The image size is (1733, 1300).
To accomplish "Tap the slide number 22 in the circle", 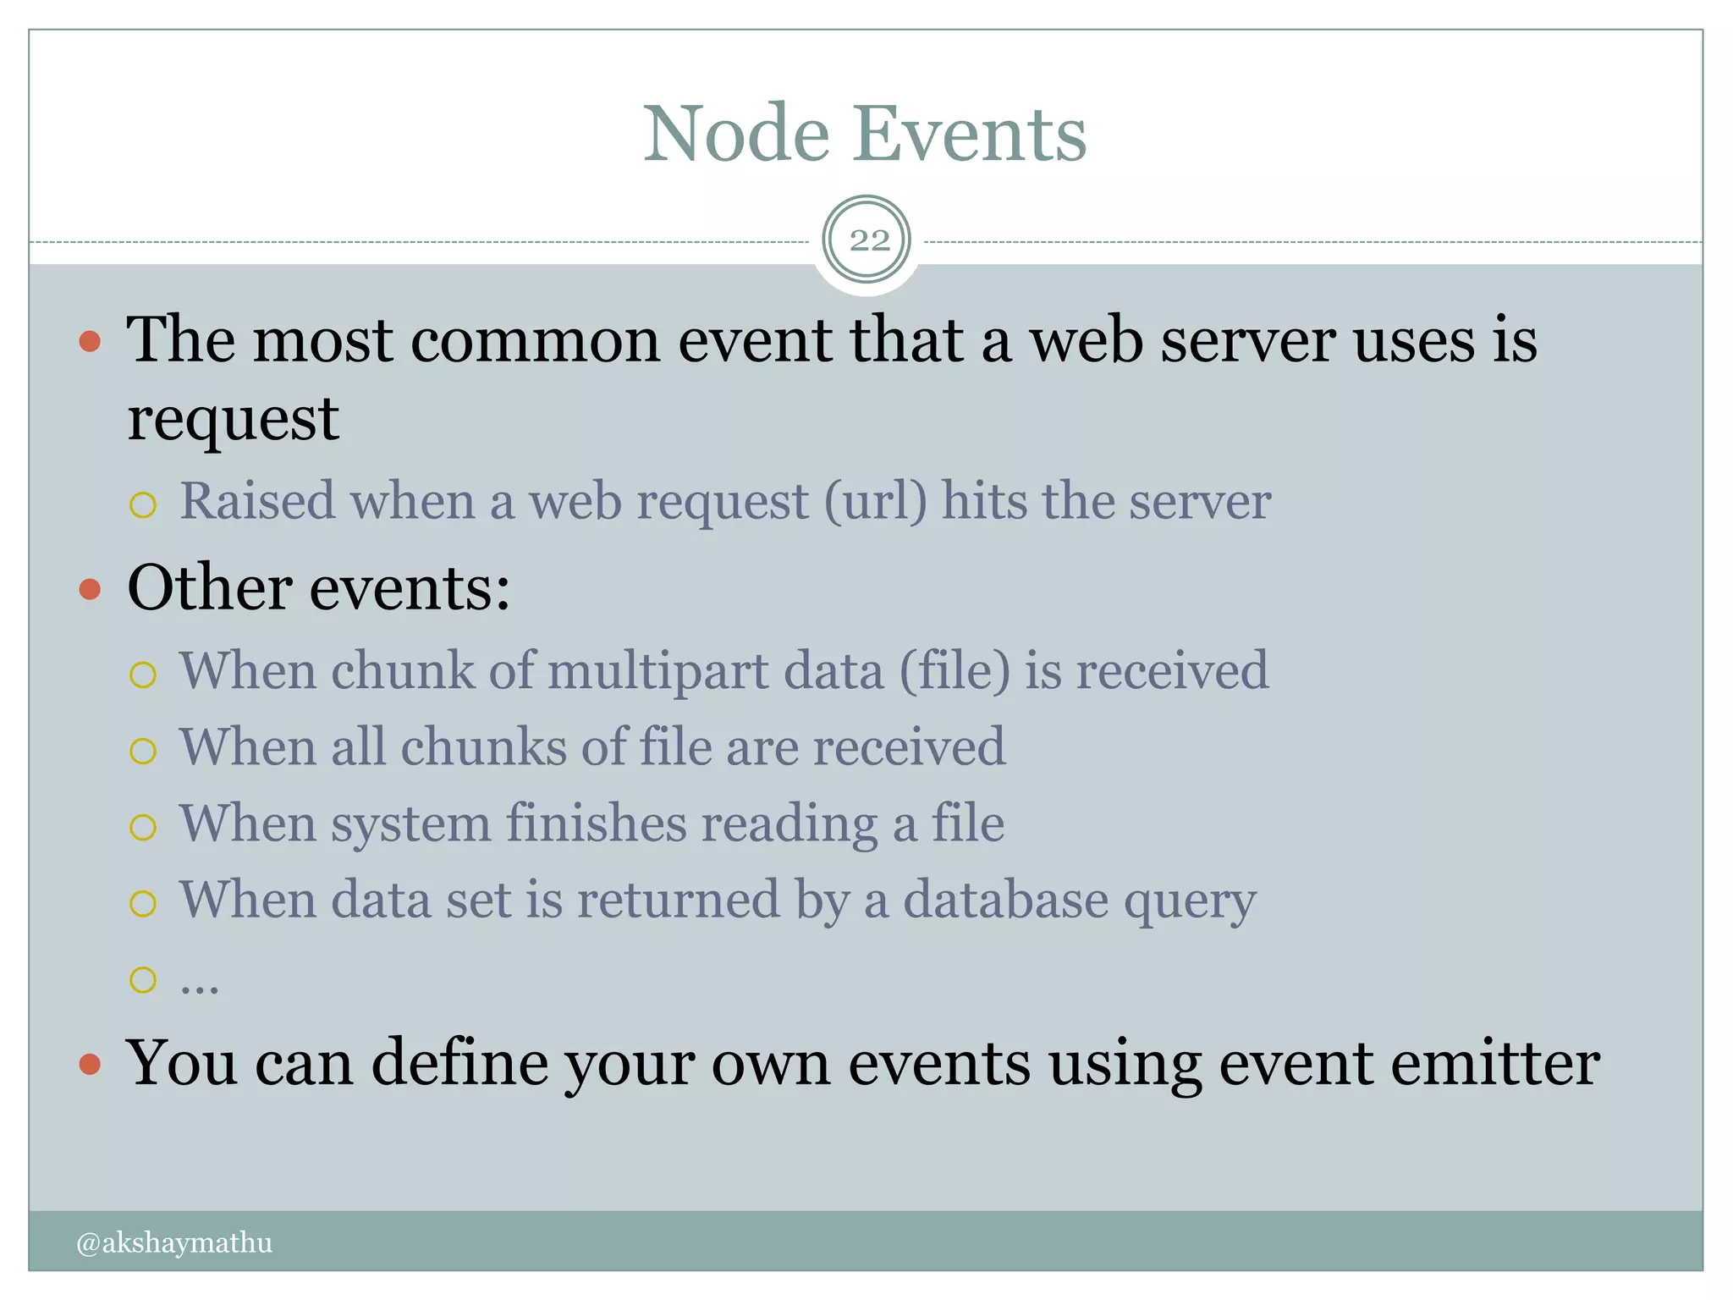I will click(x=869, y=241).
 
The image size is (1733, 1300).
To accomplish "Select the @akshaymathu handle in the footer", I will click(x=174, y=1242).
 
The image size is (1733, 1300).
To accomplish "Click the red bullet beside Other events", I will click(x=90, y=589).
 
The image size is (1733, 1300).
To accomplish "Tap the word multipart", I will click(x=658, y=671).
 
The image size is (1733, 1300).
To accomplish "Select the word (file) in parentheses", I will click(x=955, y=671).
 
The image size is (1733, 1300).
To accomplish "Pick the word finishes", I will click(x=596, y=824).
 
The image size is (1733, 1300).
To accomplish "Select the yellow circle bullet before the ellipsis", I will click(x=143, y=980).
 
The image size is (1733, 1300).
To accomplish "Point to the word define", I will click(x=460, y=1063).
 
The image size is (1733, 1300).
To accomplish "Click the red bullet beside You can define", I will click(x=90, y=1064).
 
